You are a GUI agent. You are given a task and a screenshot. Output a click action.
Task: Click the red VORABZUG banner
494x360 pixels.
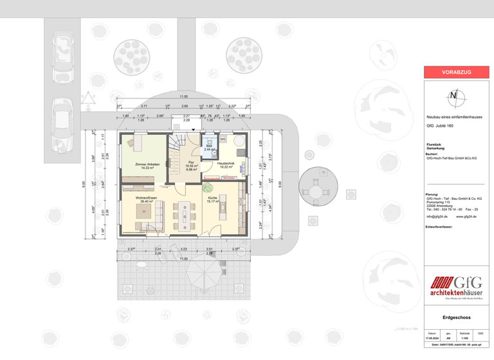click(x=456, y=73)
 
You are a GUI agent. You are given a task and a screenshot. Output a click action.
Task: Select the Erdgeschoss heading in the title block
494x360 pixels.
click(x=456, y=317)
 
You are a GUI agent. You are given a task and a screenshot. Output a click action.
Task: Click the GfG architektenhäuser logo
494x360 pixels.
click(x=456, y=287)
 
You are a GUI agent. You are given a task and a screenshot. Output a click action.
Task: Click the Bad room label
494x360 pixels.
click(x=209, y=147)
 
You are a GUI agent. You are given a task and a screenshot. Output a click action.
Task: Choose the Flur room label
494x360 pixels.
click(x=191, y=163)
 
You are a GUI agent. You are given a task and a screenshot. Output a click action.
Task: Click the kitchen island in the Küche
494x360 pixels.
click(x=223, y=208)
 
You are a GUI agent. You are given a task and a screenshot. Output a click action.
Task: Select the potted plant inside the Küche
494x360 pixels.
click(x=208, y=188)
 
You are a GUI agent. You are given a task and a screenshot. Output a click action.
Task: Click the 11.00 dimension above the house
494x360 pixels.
click(x=184, y=96)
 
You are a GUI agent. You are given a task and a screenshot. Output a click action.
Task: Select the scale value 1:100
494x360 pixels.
click(x=464, y=338)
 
